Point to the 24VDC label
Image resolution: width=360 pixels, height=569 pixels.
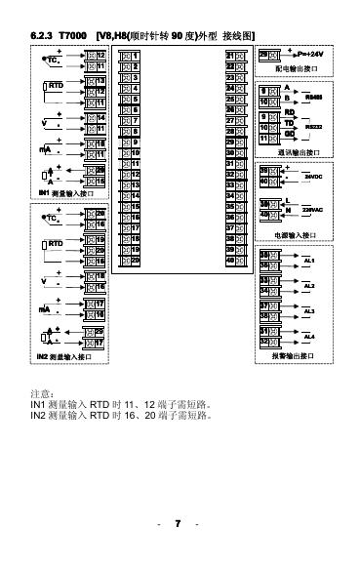pyautogui.click(x=313, y=176)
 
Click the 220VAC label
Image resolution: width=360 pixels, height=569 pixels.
pyautogui.click(x=313, y=209)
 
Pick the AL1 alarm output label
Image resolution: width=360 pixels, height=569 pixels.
pyautogui.click(x=309, y=261)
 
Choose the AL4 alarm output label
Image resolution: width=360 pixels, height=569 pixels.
pyautogui.click(x=309, y=337)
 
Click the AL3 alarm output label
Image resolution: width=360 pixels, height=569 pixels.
pyautogui.click(x=309, y=311)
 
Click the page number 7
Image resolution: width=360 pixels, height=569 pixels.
pyautogui.click(x=179, y=524)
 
